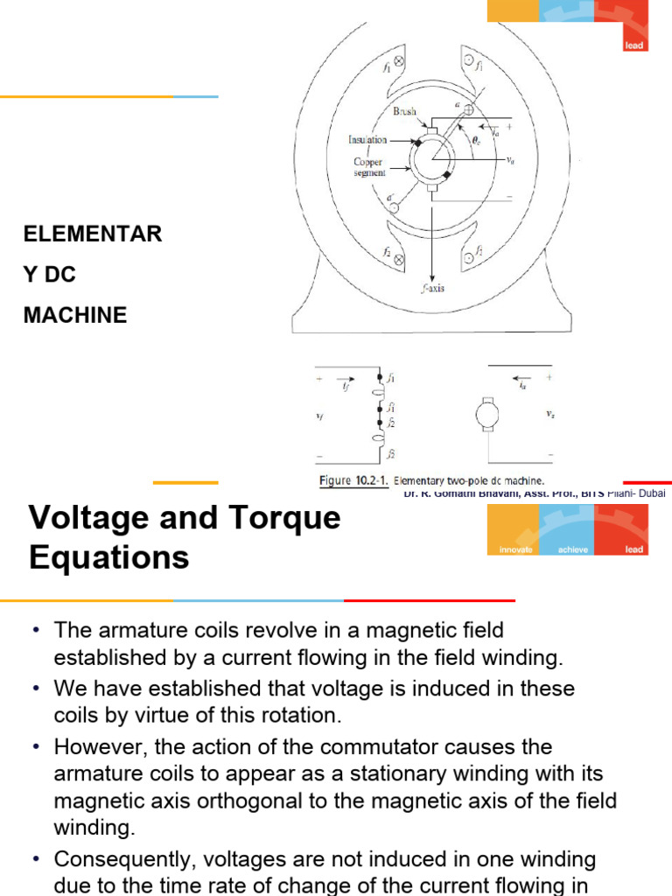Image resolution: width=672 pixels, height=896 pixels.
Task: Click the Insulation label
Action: pos(367,139)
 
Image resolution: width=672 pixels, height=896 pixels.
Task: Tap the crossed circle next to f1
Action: pos(399,63)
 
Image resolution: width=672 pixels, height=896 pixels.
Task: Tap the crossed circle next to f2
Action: pos(399,259)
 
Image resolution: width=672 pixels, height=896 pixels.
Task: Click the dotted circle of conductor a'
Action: pos(394,206)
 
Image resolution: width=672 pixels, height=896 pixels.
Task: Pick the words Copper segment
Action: pos(368,167)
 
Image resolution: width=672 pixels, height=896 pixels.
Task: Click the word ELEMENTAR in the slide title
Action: pos(93,234)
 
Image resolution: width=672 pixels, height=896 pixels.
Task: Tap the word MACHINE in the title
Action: pos(75,315)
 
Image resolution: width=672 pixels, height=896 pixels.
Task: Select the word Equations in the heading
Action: pos(109,557)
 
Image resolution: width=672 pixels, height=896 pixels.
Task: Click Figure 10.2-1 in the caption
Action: pos(353,480)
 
